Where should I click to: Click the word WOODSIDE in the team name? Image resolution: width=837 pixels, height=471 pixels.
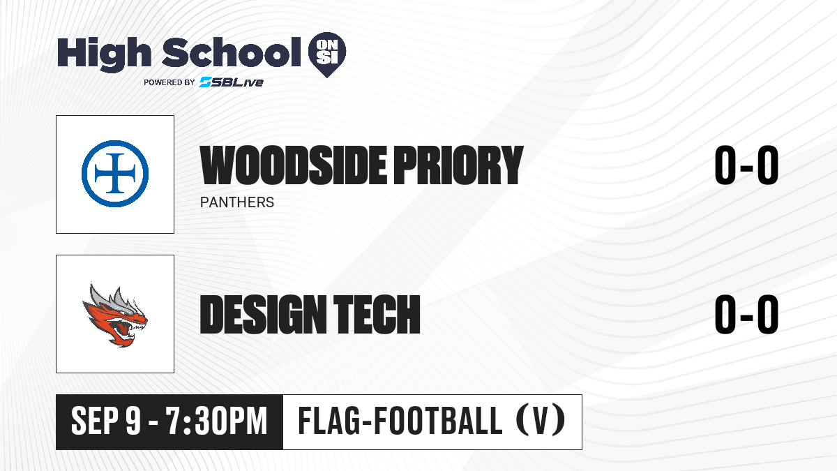pyautogui.click(x=294, y=165)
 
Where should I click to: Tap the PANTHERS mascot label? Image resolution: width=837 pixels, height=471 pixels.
pyautogui.click(x=237, y=202)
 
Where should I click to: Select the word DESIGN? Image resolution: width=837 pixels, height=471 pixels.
pyautogui.click(x=263, y=314)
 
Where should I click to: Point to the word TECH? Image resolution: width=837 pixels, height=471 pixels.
pyautogui.click(x=377, y=314)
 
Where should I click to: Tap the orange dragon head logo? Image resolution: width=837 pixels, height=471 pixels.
pyautogui.click(x=115, y=315)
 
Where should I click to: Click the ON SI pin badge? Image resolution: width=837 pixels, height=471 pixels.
pyautogui.click(x=327, y=54)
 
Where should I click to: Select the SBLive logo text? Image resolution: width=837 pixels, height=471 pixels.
pyautogui.click(x=232, y=82)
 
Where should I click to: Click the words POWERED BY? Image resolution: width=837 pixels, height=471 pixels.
pyautogui.click(x=169, y=82)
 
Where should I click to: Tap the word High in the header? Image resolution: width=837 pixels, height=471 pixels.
pyautogui.click(x=104, y=54)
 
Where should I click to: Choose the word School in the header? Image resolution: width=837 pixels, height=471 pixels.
pyautogui.click(x=232, y=52)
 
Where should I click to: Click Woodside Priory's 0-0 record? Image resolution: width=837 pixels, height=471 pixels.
pyautogui.click(x=746, y=165)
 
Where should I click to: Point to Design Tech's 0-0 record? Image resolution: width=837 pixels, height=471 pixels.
pyautogui.click(x=746, y=314)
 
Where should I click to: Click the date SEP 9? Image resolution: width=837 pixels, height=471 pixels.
pyautogui.click(x=106, y=421)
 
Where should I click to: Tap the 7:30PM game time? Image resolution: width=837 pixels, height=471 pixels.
pyautogui.click(x=217, y=421)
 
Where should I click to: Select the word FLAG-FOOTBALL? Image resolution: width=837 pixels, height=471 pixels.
pyautogui.click(x=400, y=421)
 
